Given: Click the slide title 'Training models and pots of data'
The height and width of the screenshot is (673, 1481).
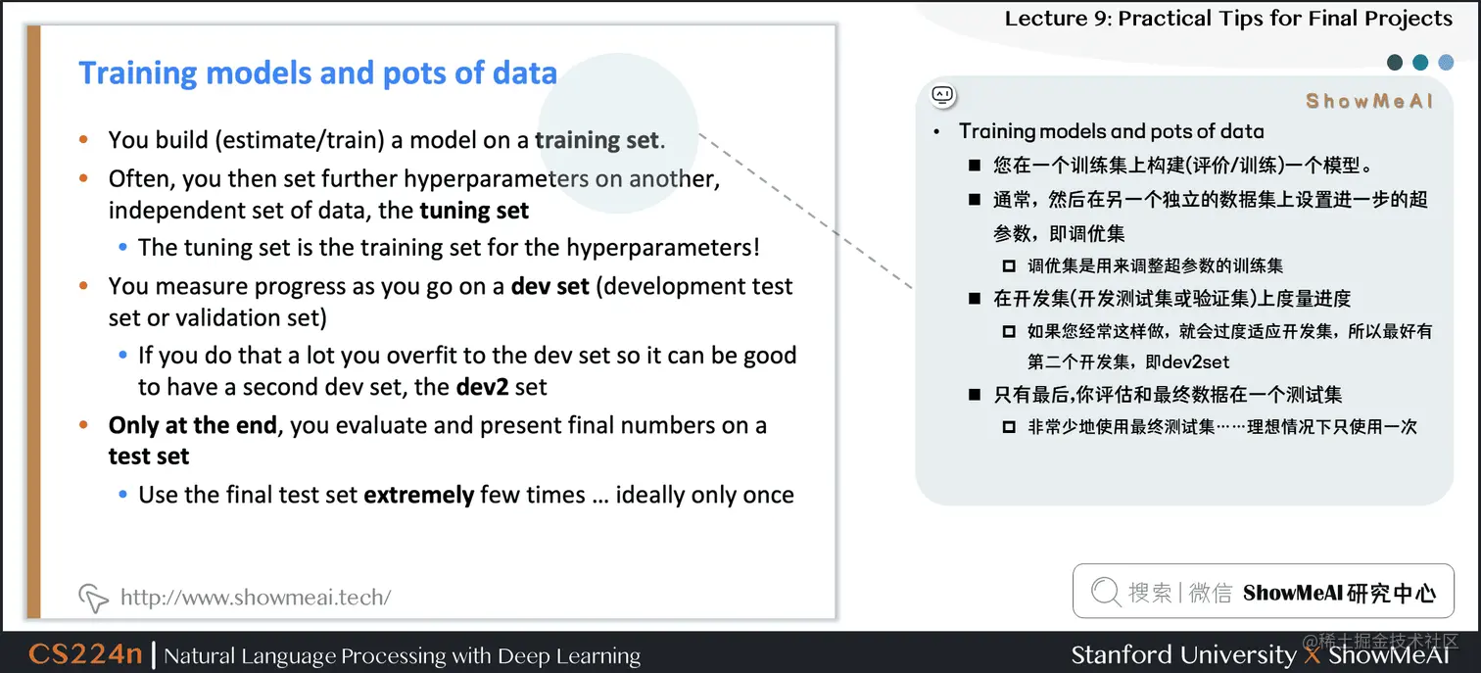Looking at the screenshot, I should [317, 73].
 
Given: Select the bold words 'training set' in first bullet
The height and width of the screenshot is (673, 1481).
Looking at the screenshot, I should [597, 140].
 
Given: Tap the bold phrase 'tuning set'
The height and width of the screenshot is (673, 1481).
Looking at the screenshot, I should [474, 211].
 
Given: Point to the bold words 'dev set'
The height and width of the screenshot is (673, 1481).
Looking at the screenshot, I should [549, 287].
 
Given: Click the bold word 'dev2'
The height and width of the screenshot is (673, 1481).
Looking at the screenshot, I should [482, 387].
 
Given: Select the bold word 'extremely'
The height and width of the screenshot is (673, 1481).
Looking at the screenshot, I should [418, 495].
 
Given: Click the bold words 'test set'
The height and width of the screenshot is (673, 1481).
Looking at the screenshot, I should [149, 457].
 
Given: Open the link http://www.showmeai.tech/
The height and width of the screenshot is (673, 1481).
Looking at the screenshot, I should [255, 597].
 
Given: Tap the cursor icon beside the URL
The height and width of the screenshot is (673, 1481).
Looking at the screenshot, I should [92, 597].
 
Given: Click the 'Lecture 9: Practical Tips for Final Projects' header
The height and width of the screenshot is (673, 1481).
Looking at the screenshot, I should [1228, 19].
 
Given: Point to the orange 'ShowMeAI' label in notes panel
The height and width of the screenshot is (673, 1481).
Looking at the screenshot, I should [1369, 101].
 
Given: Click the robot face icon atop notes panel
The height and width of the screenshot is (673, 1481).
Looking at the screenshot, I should [942, 95].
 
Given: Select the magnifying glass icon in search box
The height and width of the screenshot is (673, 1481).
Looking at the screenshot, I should [1105, 592].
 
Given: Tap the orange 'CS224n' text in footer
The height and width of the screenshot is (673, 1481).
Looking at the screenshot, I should [85, 654].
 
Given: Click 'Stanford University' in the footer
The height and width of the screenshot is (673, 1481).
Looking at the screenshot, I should [1182, 654].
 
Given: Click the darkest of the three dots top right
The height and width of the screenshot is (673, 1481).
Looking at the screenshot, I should [1395, 63].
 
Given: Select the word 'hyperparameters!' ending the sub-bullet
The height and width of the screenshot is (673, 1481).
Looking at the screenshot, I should [674, 247].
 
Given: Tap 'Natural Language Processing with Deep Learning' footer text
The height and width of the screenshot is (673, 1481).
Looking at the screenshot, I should [402, 655].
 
